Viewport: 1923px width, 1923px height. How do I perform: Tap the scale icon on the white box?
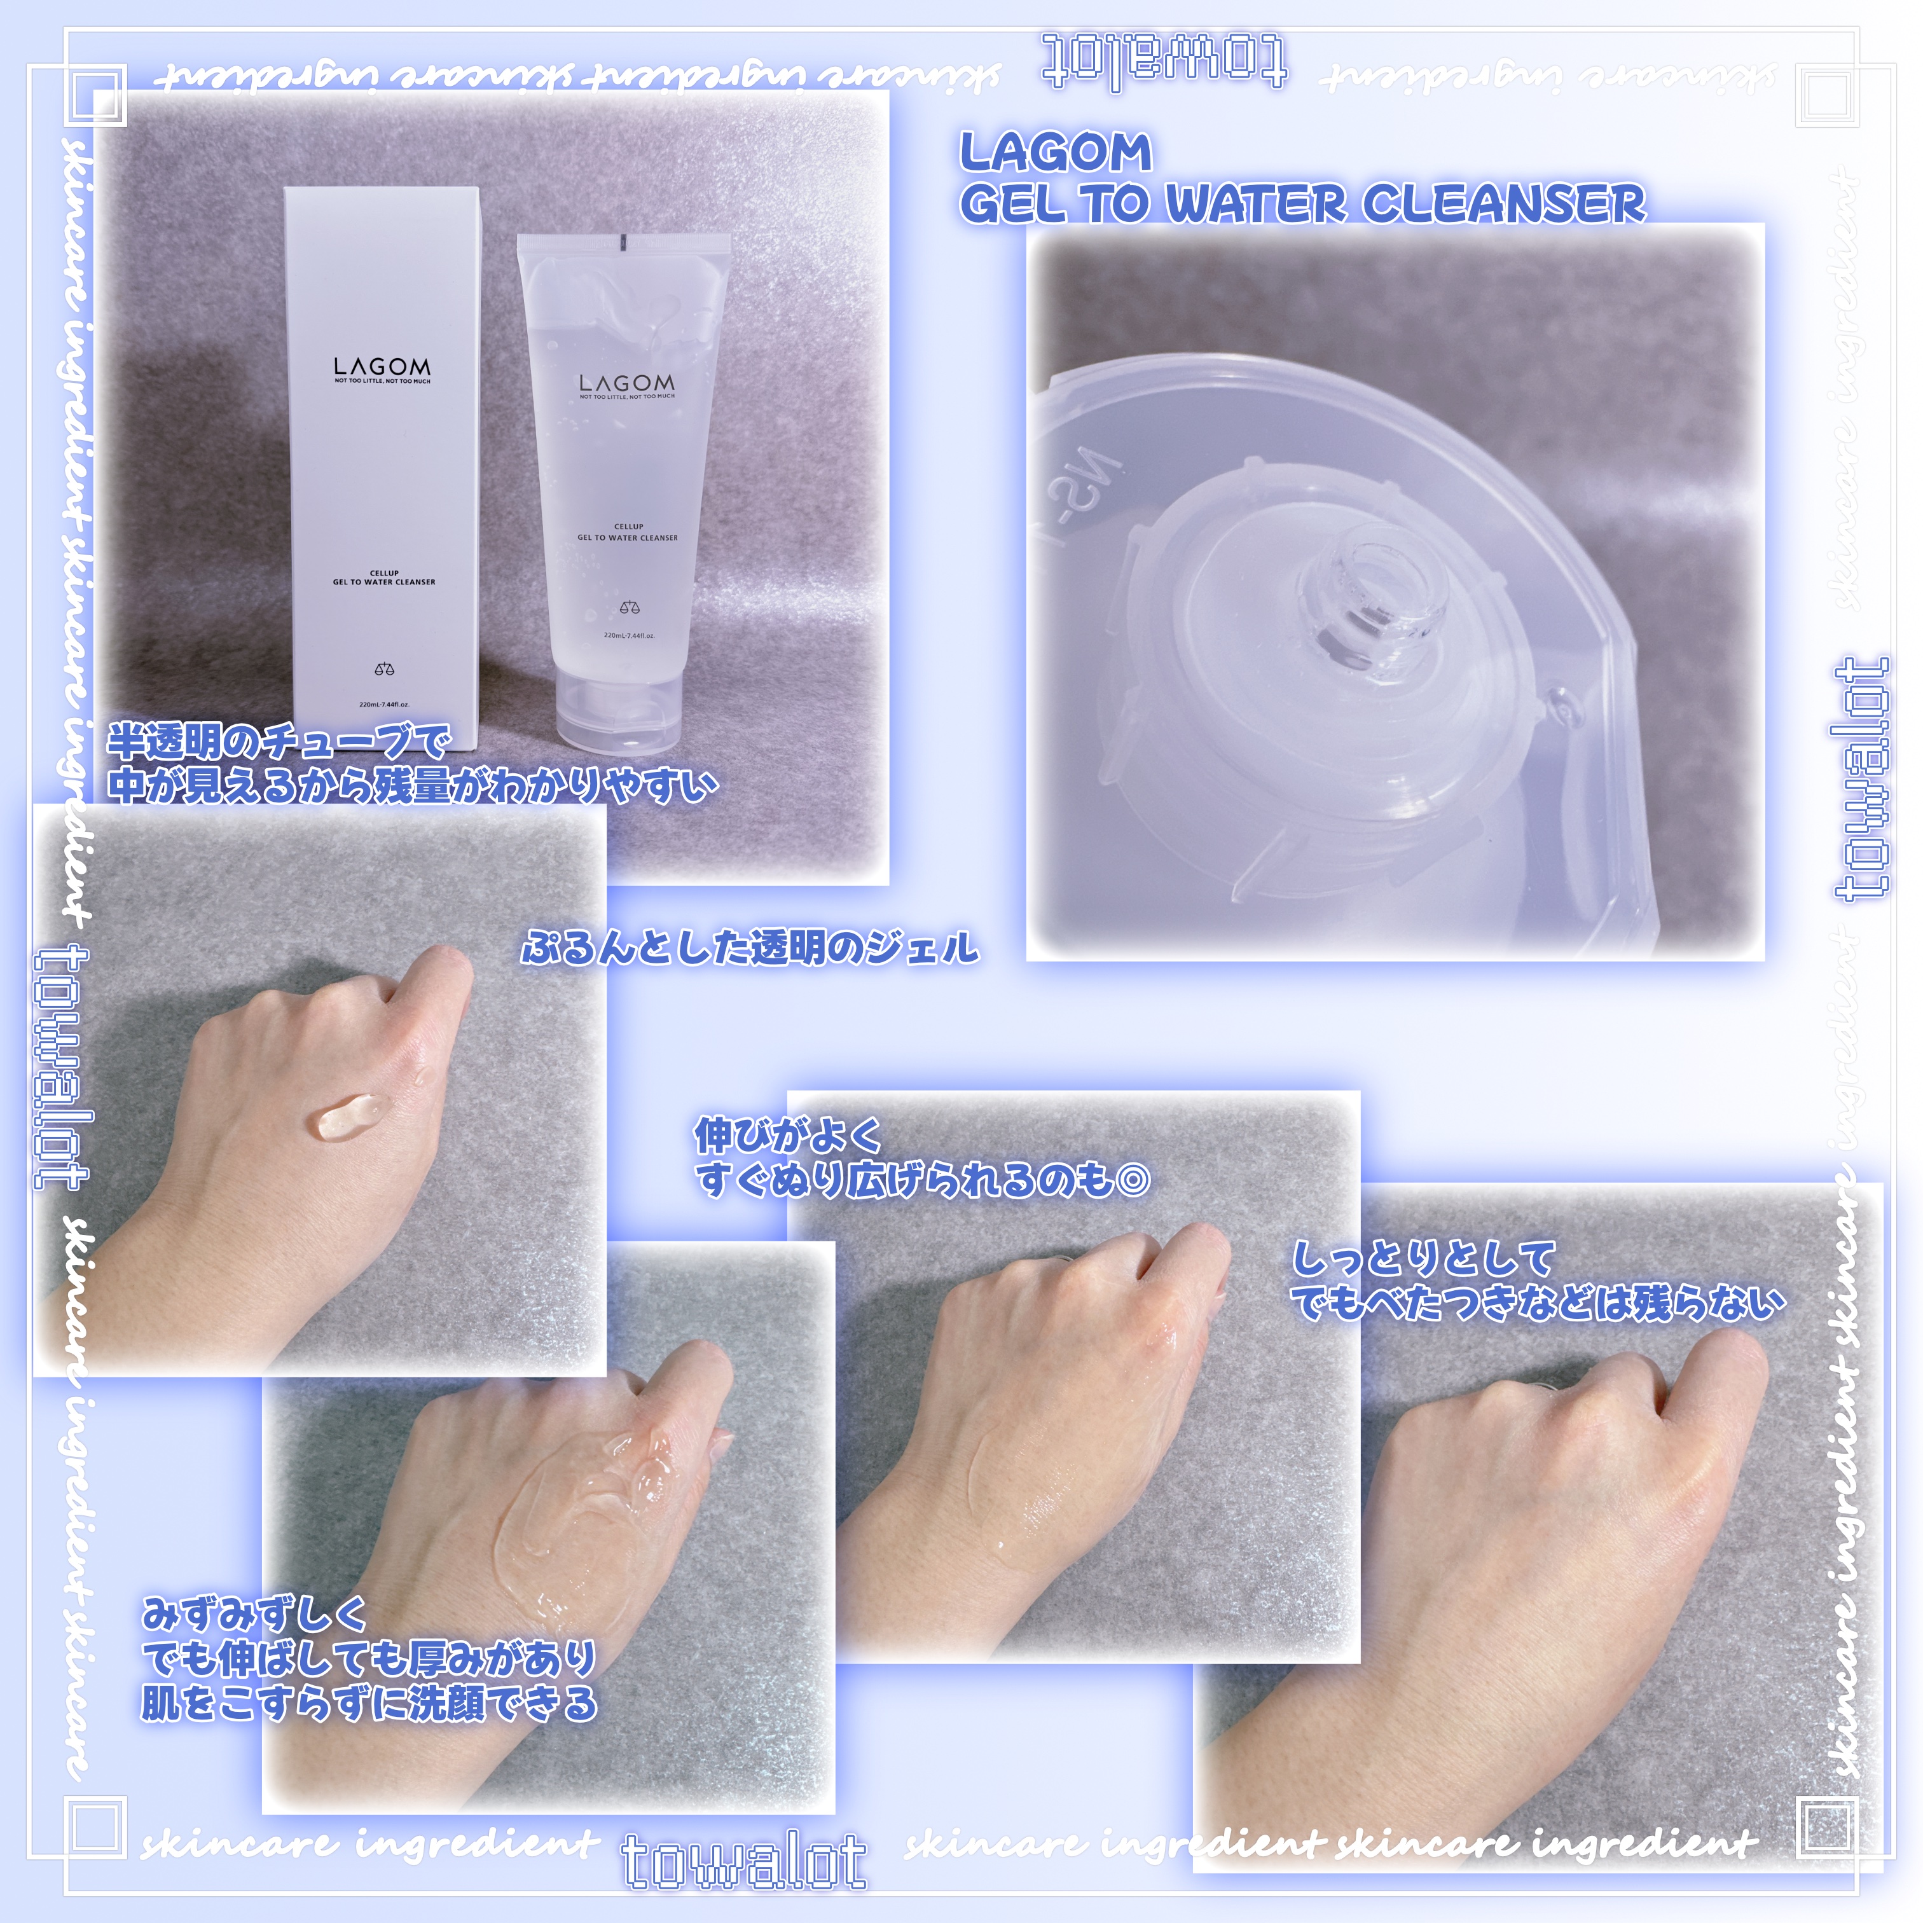[x=384, y=669]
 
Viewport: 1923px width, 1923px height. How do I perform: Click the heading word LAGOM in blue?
[x=1055, y=153]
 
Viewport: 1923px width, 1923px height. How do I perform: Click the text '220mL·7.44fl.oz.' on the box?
[x=384, y=705]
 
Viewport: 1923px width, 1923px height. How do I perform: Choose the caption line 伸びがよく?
[x=789, y=1134]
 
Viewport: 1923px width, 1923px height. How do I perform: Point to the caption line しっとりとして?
[x=1423, y=1259]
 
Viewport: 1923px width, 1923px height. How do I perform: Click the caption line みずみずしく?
[x=254, y=1613]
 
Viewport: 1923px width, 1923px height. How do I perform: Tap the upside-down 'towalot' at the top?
[x=1164, y=62]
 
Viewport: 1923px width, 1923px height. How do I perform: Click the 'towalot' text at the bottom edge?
[x=745, y=1861]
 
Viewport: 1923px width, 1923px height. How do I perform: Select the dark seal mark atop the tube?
[x=619, y=240]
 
